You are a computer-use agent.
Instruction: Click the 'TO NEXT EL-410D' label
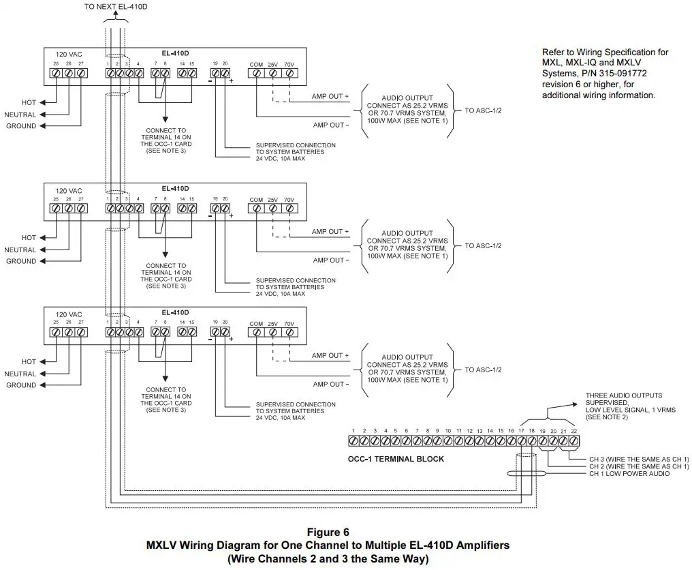115,6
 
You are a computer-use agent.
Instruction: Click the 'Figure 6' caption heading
328,532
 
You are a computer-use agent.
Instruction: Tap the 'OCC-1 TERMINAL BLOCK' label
396,459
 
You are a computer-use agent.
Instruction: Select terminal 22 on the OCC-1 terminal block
573,442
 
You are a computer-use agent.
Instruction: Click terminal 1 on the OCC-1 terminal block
353,442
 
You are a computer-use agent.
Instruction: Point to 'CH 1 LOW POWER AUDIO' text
629,474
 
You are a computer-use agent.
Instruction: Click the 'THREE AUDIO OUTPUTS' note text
624,395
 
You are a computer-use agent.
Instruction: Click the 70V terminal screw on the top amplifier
289,72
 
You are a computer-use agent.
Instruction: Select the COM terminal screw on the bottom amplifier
256,332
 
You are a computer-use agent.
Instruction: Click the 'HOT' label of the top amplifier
29,102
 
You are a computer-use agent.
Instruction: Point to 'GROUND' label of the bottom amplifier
21,385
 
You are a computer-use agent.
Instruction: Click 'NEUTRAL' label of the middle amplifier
20,250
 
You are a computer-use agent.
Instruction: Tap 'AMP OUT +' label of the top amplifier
330,97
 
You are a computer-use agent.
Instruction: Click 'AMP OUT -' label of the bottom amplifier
330,384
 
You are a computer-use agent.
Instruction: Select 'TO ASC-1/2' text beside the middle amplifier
483,245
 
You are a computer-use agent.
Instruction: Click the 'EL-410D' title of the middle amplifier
175,188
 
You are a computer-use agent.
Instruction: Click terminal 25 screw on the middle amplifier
56,208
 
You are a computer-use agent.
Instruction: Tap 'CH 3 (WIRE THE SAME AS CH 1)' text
639,459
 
